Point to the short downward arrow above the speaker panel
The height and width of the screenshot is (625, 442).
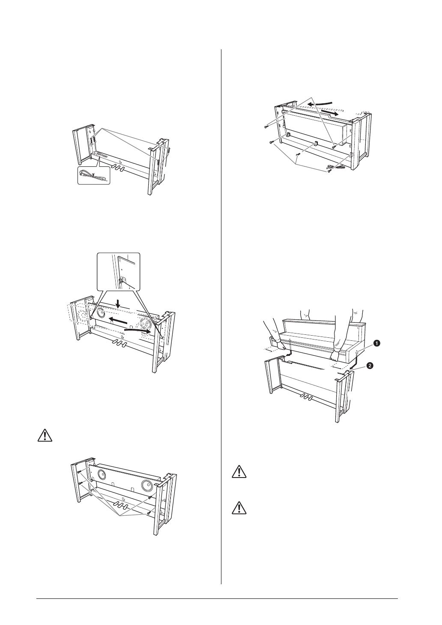119,303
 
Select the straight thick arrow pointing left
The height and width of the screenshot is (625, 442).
117,321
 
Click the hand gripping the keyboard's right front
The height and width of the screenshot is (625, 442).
335,354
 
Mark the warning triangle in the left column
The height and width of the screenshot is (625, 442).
44,435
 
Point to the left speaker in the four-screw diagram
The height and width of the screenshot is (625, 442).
102,475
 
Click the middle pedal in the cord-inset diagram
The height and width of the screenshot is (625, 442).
117,167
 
